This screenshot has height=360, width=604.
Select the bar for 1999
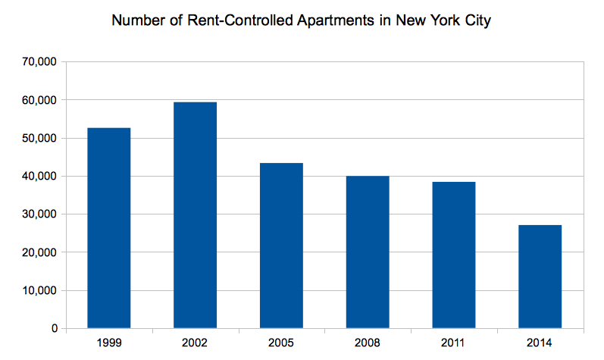[109, 228]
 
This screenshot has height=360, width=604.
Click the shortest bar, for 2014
[540, 277]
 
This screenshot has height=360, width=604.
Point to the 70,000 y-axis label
[41, 62]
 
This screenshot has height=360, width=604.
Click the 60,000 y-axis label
[41, 100]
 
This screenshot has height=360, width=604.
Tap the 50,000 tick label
[41, 139]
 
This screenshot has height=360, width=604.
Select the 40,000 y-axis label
[41, 177]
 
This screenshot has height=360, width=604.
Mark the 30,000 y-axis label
[41, 214]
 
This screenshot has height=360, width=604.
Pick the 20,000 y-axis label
[41, 252]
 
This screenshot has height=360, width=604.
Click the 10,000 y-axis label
[41, 291]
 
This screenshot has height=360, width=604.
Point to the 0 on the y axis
[55, 329]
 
